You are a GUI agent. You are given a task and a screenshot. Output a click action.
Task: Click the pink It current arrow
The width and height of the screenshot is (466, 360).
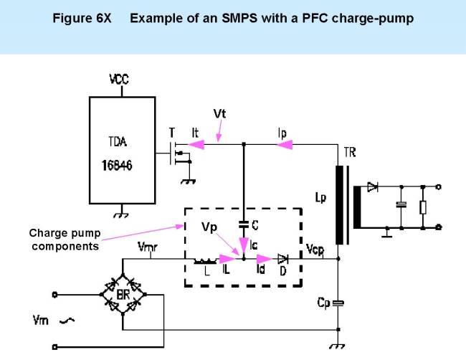193,144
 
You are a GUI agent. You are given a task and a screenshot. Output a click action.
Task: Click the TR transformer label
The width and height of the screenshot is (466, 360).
349,153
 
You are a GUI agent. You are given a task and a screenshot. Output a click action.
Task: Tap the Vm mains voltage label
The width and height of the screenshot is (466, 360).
40,320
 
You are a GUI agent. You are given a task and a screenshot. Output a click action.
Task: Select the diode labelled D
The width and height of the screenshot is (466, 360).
283,260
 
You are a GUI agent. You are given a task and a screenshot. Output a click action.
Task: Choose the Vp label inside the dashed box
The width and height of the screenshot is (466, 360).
209,227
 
